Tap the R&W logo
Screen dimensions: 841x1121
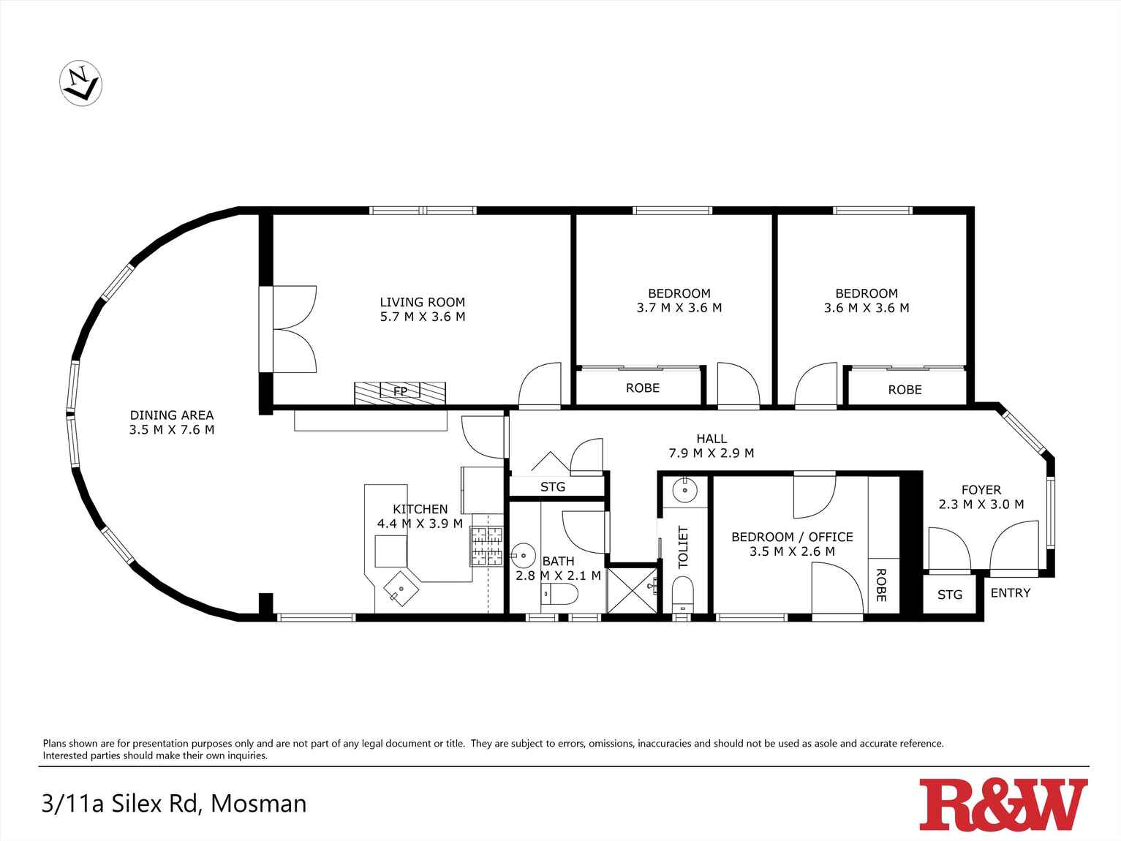tap(1003, 804)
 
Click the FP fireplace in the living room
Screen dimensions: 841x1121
tap(400, 392)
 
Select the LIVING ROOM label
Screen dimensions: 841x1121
tap(422, 302)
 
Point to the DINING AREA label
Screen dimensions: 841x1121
tap(172, 415)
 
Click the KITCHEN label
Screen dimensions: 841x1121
tap(420, 509)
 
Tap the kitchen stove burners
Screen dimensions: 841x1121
tap(487, 547)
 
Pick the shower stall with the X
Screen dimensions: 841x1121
tap(633, 589)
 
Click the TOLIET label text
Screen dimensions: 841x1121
tap(683, 547)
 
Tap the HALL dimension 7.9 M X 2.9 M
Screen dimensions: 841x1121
tap(711, 453)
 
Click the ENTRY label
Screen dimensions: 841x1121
tap(1010, 593)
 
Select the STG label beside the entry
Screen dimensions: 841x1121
tap(949, 595)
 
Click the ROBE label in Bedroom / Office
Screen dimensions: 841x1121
tap(881, 585)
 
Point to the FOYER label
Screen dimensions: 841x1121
tap(981, 490)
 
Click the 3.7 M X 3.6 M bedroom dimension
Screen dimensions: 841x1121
tap(679, 308)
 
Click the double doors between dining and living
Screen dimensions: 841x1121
tap(292, 330)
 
